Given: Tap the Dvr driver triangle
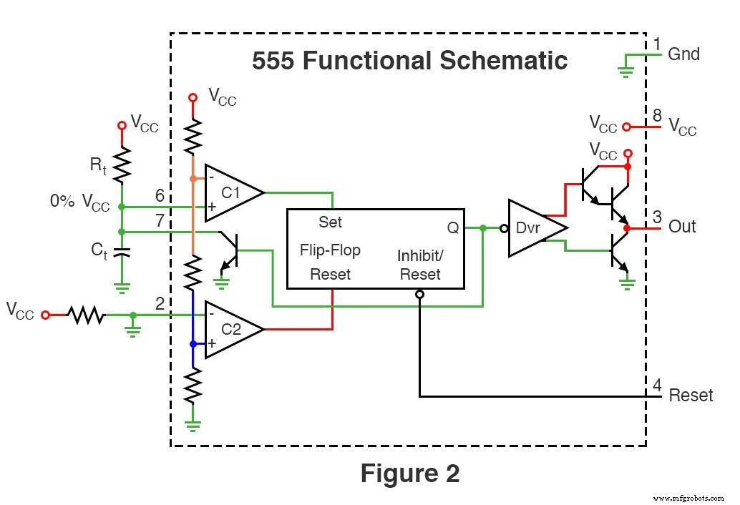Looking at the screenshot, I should click(533, 228).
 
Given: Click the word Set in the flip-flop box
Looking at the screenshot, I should click(330, 222).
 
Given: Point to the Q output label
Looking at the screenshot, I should click(453, 227).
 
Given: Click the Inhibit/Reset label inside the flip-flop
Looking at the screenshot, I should click(419, 265).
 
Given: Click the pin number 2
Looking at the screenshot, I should click(160, 304).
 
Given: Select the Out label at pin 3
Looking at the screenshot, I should click(681, 227).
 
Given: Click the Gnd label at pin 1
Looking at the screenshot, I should click(683, 54).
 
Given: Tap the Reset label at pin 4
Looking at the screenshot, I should click(690, 396).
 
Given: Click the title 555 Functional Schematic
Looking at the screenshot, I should click(409, 61).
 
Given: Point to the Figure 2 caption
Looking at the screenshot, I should click(409, 473).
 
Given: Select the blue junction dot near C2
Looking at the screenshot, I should click(193, 344).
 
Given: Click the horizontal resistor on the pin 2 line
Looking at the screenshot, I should click(86, 315).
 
